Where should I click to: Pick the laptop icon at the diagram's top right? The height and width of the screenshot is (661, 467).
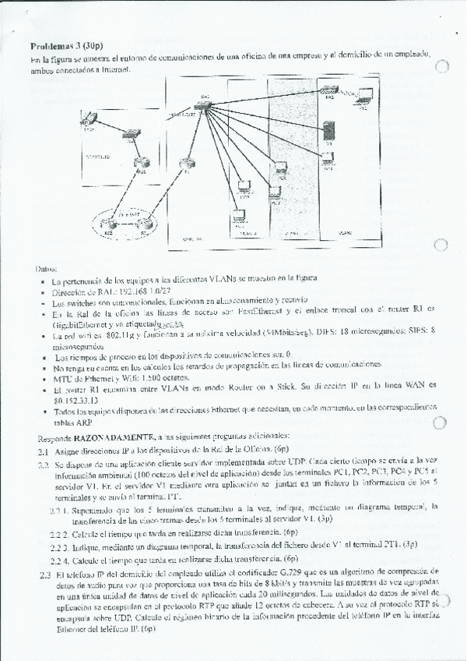[363, 97]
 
